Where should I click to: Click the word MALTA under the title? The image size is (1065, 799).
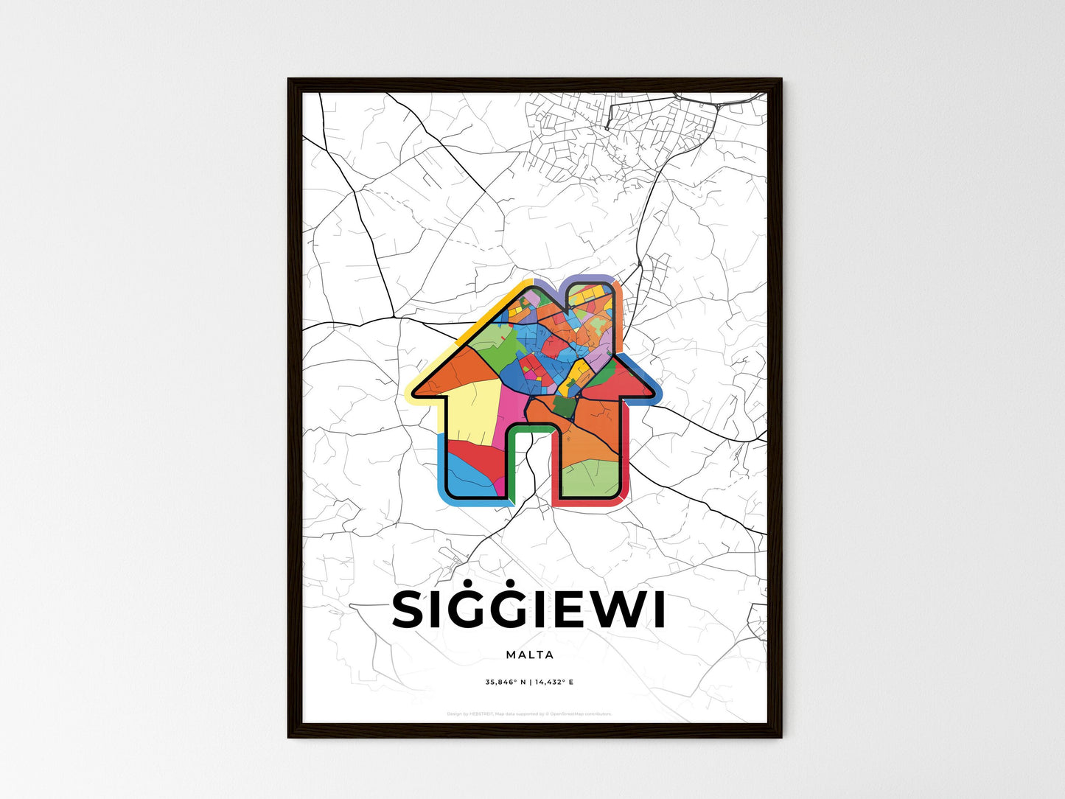click(530, 655)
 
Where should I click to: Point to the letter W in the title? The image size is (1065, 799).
click(619, 610)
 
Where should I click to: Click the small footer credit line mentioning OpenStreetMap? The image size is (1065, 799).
click(529, 713)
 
